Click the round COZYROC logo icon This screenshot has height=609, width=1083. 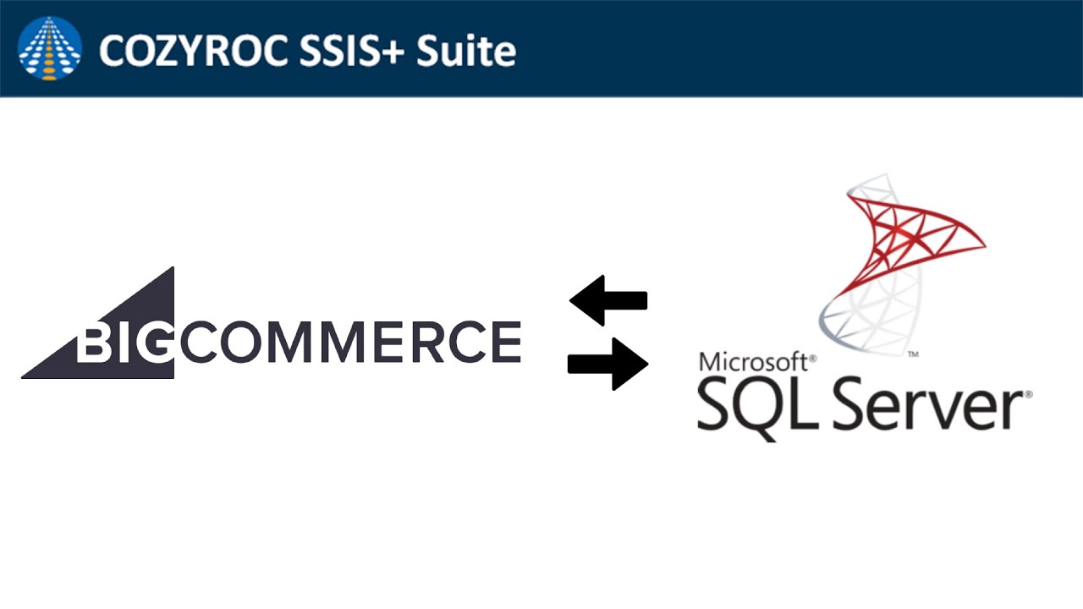(50, 48)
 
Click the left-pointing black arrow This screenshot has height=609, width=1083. (608, 300)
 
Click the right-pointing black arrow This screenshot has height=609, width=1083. (608, 365)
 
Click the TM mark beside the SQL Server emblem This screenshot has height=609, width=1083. (913, 355)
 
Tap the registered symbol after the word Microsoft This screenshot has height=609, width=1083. (813, 359)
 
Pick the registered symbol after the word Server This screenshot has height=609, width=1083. (1028, 394)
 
